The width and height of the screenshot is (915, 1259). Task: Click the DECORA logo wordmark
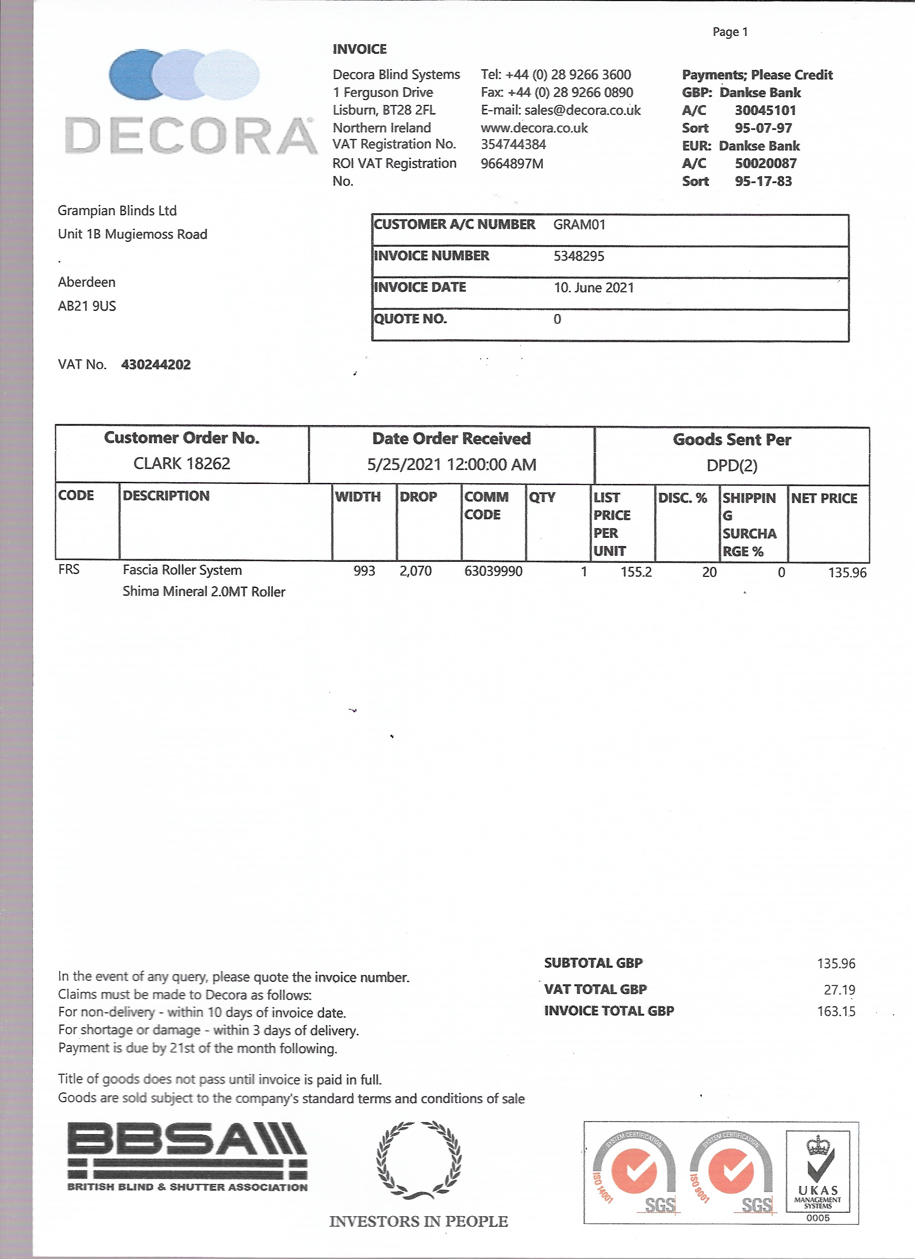(190, 135)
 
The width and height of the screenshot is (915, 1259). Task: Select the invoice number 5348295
(579, 256)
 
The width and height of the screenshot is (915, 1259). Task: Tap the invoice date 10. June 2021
(594, 288)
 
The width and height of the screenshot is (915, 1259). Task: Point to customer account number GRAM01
(579, 225)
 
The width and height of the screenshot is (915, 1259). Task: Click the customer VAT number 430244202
(156, 365)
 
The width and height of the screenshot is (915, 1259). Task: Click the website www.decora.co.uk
(534, 128)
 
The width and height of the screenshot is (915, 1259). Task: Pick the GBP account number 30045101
(765, 110)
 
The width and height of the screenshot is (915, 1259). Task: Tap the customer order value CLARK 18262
(182, 463)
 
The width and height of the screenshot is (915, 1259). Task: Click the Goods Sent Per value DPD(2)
(731, 465)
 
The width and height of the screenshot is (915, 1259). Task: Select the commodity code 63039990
(493, 571)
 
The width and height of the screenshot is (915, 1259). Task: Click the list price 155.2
(636, 572)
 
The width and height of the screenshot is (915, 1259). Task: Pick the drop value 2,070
(416, 571)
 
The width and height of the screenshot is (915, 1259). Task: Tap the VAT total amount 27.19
(839, 990)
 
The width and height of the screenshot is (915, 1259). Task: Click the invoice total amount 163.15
(836, 1011)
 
